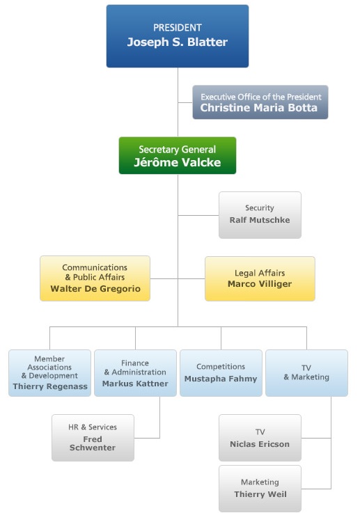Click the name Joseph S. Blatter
[178, 42]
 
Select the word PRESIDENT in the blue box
[178, 27]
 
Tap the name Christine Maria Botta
[259, 108]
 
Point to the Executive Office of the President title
[261, 97]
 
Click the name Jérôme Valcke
[178, 162]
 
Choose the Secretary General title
[178, 150]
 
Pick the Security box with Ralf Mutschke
[260, 215]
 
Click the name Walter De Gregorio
[95, 289]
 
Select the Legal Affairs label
[260, 273]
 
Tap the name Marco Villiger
[260, 284]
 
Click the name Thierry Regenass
[50, 386]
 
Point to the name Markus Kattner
[135, 384]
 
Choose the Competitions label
[221, 366]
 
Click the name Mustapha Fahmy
[221, 379]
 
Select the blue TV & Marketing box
[306, 373]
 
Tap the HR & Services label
[93, 427]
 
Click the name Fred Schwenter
[93, 443]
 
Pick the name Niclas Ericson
[260, 444]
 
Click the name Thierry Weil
[260, 494]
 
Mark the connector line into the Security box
[198, 215]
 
